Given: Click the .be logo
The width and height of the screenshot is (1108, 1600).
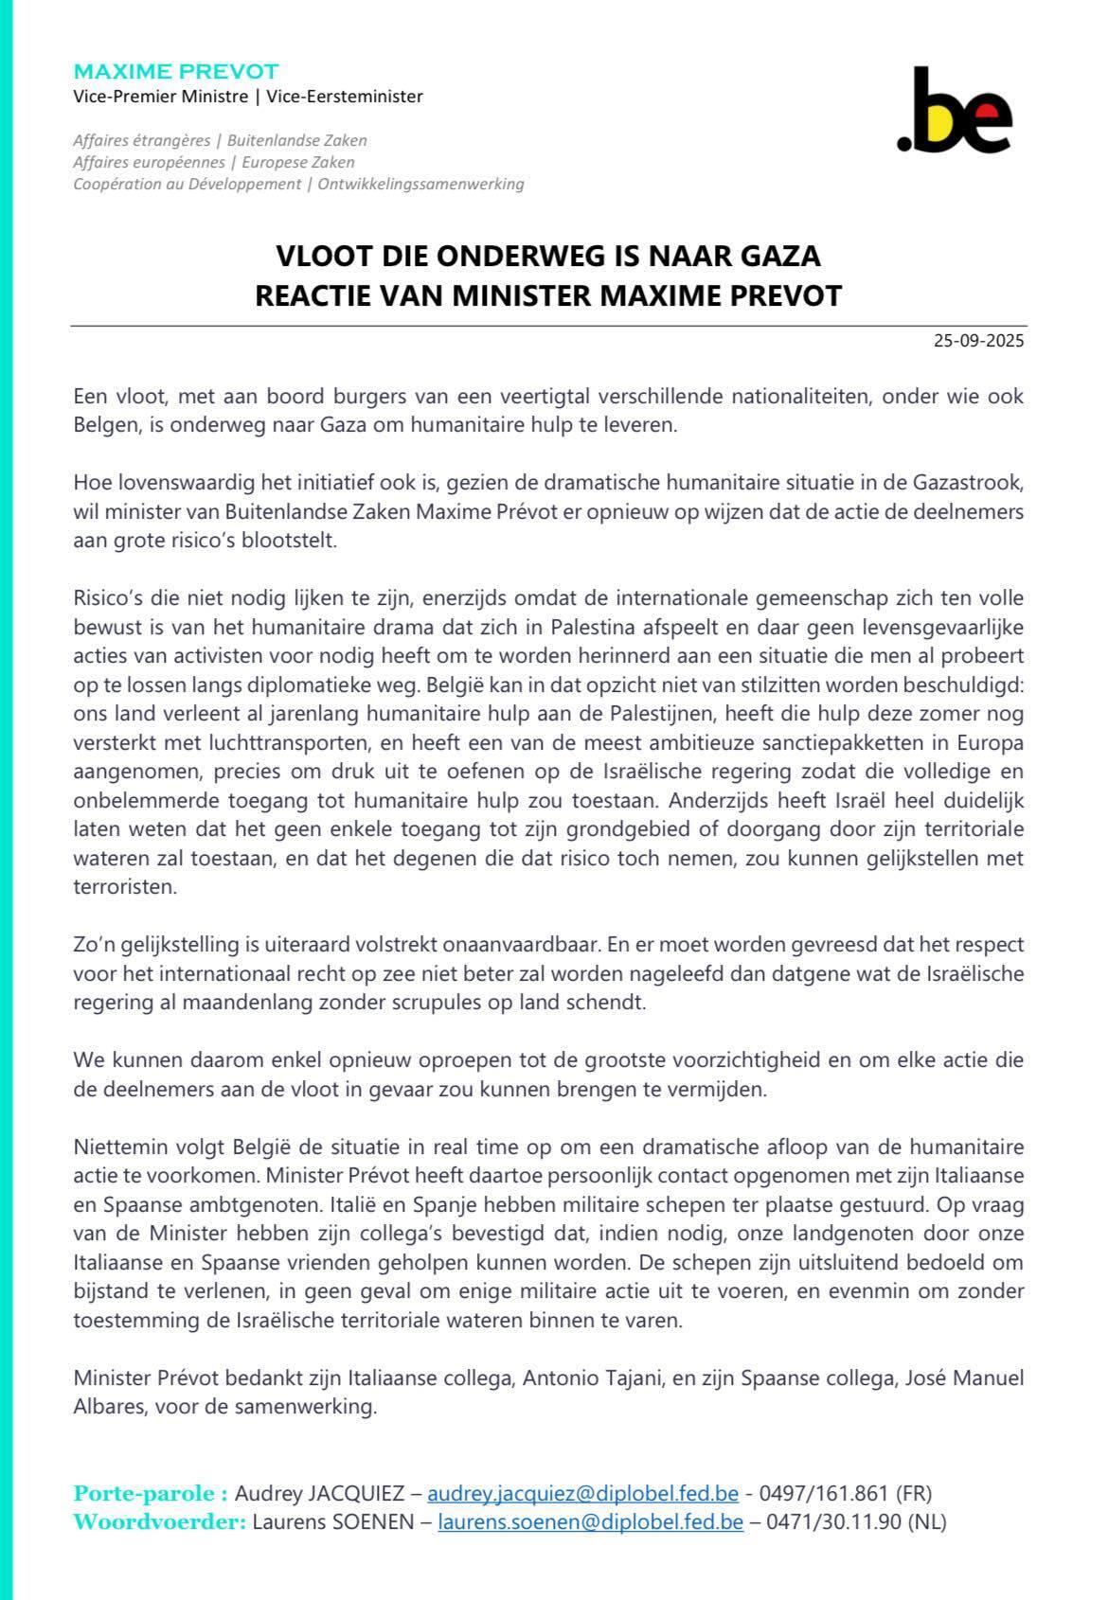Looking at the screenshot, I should [954, 111].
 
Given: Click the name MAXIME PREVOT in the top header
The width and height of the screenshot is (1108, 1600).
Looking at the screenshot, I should [176, 72].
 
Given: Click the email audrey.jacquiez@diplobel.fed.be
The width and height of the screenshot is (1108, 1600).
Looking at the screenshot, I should [582, 1494].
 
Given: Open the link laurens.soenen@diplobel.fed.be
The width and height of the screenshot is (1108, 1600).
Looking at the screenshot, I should [590, 1522].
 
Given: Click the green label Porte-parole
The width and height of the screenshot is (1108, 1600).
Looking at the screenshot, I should [151, 1494].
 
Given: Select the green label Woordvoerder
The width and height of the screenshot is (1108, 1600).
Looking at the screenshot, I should [159, 1522].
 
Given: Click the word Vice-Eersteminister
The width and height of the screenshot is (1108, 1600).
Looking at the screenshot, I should [345, 97].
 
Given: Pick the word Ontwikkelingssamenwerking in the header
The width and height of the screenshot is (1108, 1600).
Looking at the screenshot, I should [420, 184].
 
